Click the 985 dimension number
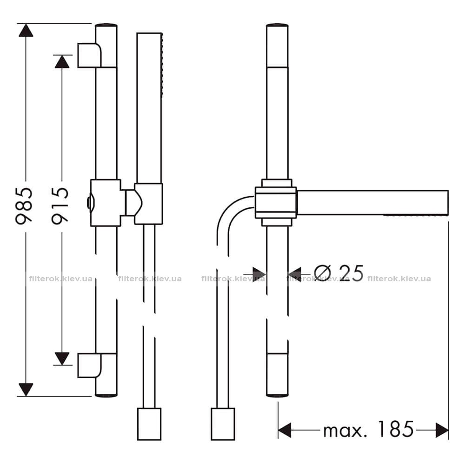coord(24,205)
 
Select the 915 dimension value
coord(60,205)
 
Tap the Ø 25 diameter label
coord(339,273)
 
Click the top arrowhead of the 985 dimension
coord(26,30)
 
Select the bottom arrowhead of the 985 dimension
coord(26,389)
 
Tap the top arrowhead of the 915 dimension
coord(62,62)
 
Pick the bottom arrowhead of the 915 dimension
coord(62,359)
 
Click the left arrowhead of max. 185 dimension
coord(285,430)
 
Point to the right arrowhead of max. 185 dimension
coord(442,430)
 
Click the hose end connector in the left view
coord(149,424)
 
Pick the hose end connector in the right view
coord(223,424)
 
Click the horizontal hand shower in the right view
coord(372,203)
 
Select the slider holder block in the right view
coord(276,203)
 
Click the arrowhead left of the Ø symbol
coord(259,275)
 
